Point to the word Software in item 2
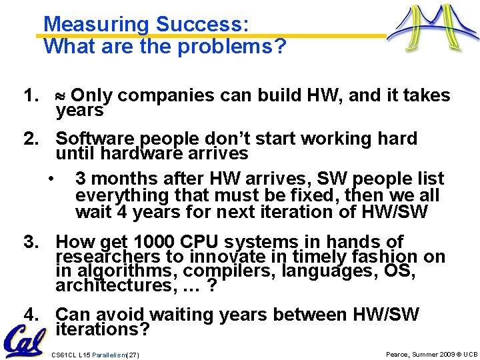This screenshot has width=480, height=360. pos(94,139)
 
